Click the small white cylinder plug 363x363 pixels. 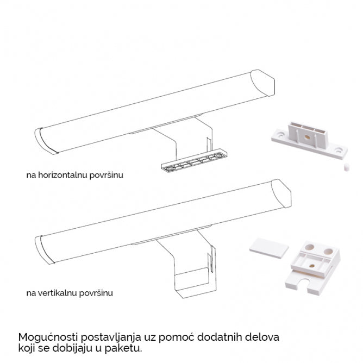pyautogui.click(x=346, y=167)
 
